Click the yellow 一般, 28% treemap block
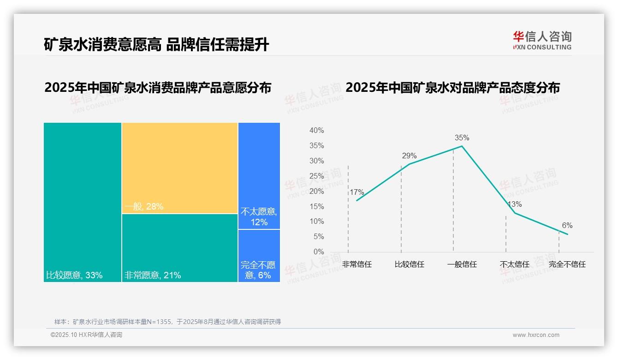tap(180, 168)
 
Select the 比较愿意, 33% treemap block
tap(83, 202)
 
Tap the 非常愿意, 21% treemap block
tap(180, 248)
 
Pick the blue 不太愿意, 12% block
tap(259, 176)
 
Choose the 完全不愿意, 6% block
tap(259, 256)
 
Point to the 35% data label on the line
tap(462, 138)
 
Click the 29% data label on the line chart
tap(409, 156)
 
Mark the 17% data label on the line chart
tap(357, 192)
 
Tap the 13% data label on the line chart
tap(514, 204)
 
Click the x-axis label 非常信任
tap(357, 264)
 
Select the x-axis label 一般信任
tap(462, 264)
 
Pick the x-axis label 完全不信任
tap(567, 264)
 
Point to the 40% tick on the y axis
tap(316, 131)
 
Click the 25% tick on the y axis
tap(316, 176)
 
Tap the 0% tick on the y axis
tap(318, 252)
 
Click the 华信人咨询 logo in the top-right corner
tap(542, 40)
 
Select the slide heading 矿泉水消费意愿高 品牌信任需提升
tap(156, 45)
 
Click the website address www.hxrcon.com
tap(536, 335)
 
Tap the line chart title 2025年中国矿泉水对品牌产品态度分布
tap(452, 87)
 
